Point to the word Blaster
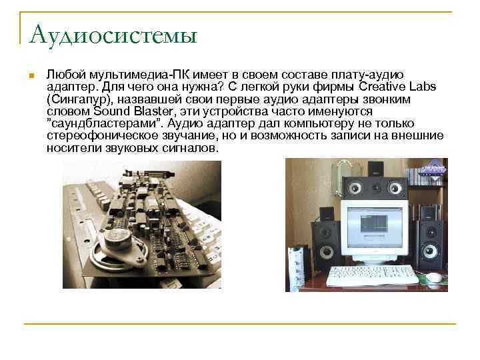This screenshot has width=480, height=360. pyautogui.click(x=151, y=111)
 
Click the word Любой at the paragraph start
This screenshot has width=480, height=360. pyautogui.click(x=63, y=75)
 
